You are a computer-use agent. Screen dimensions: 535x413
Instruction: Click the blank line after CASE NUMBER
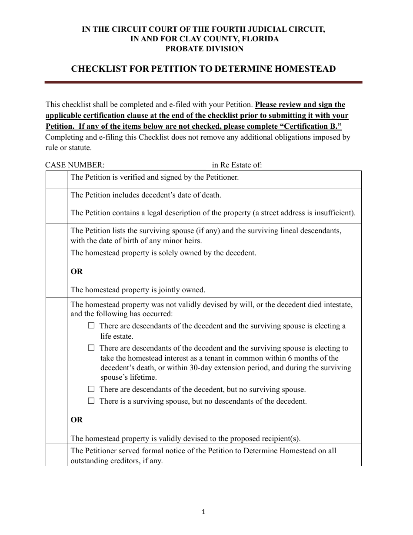point(155,165)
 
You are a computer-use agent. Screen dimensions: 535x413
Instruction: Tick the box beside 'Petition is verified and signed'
point(57,179)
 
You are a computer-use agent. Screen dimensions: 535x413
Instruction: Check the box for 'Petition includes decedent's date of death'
point(57,197)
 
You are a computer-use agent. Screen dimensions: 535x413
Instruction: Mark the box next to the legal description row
point(57,215)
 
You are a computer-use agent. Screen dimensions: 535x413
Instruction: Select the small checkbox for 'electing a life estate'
point(91,325)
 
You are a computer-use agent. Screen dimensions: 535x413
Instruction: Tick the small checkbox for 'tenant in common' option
point(91,348)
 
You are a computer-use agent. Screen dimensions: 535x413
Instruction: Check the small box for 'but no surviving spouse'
point(91,389)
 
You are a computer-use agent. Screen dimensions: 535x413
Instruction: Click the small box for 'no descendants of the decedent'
point(91,401)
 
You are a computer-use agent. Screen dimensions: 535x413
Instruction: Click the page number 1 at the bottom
point(203,512)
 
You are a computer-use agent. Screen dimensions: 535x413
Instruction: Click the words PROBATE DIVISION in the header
point(204,49)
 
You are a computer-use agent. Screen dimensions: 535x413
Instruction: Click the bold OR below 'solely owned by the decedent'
point(77,271)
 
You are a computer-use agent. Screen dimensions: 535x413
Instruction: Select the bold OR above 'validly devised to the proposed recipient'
point(77,420)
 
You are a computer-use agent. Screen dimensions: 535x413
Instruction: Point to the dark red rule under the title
point(204,82)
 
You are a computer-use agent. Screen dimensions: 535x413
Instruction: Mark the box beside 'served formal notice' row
point(57,455)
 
